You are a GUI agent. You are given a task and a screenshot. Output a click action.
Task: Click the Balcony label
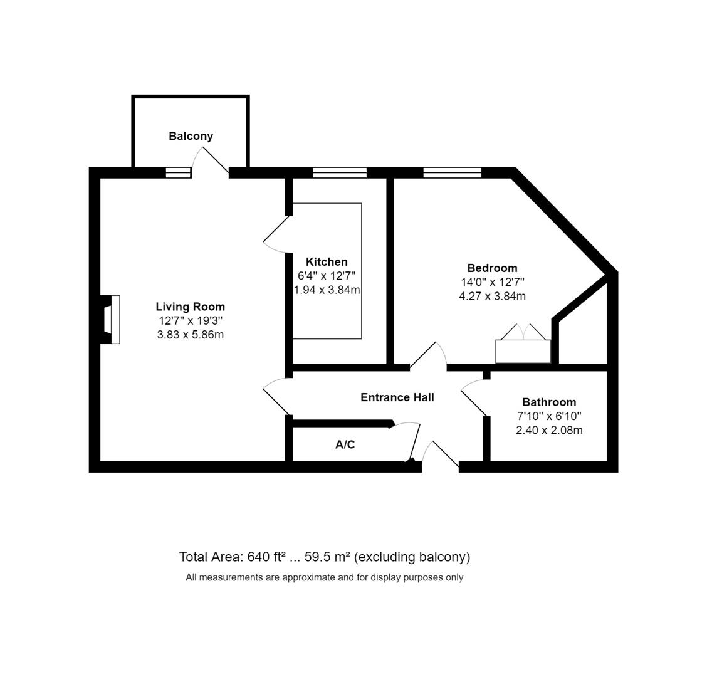pyautogui.click(x=191, y=136)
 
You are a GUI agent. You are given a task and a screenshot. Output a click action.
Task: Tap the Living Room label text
pyautogui.click(x=190, y=307)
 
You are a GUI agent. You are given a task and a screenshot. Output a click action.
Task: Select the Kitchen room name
pyautogui.click(x=327, y=262)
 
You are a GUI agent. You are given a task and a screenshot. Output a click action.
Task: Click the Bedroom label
pyautogui.click(x=492, y=268)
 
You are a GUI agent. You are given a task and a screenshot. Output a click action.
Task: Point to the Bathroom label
pyautogui.click(x=549, y=402)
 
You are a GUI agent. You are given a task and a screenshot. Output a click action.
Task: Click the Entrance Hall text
pyautogui.click(x=397, y=397)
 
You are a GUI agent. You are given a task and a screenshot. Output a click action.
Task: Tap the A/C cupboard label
pyautogui.click(x=345, y=445)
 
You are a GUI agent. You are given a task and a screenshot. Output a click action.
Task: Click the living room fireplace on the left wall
pyautogui.click(x=111, y=319)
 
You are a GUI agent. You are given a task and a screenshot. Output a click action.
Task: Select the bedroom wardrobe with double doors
pyautogui.click(x=523, y=350)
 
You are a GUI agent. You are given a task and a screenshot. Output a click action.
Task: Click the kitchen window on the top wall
pyautogui.click(x=339, y=172)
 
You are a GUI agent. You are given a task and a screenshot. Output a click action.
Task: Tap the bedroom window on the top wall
pyautogui.click(x=452, y=172)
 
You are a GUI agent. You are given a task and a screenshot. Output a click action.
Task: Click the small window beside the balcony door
pyautogui.click(x=178, y=172)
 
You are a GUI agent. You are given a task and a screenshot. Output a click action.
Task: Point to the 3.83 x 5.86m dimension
pyautogui.click(x=190, y=335)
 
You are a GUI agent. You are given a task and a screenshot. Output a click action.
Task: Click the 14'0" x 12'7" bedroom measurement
pyautogui.click(x=492, y=283)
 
